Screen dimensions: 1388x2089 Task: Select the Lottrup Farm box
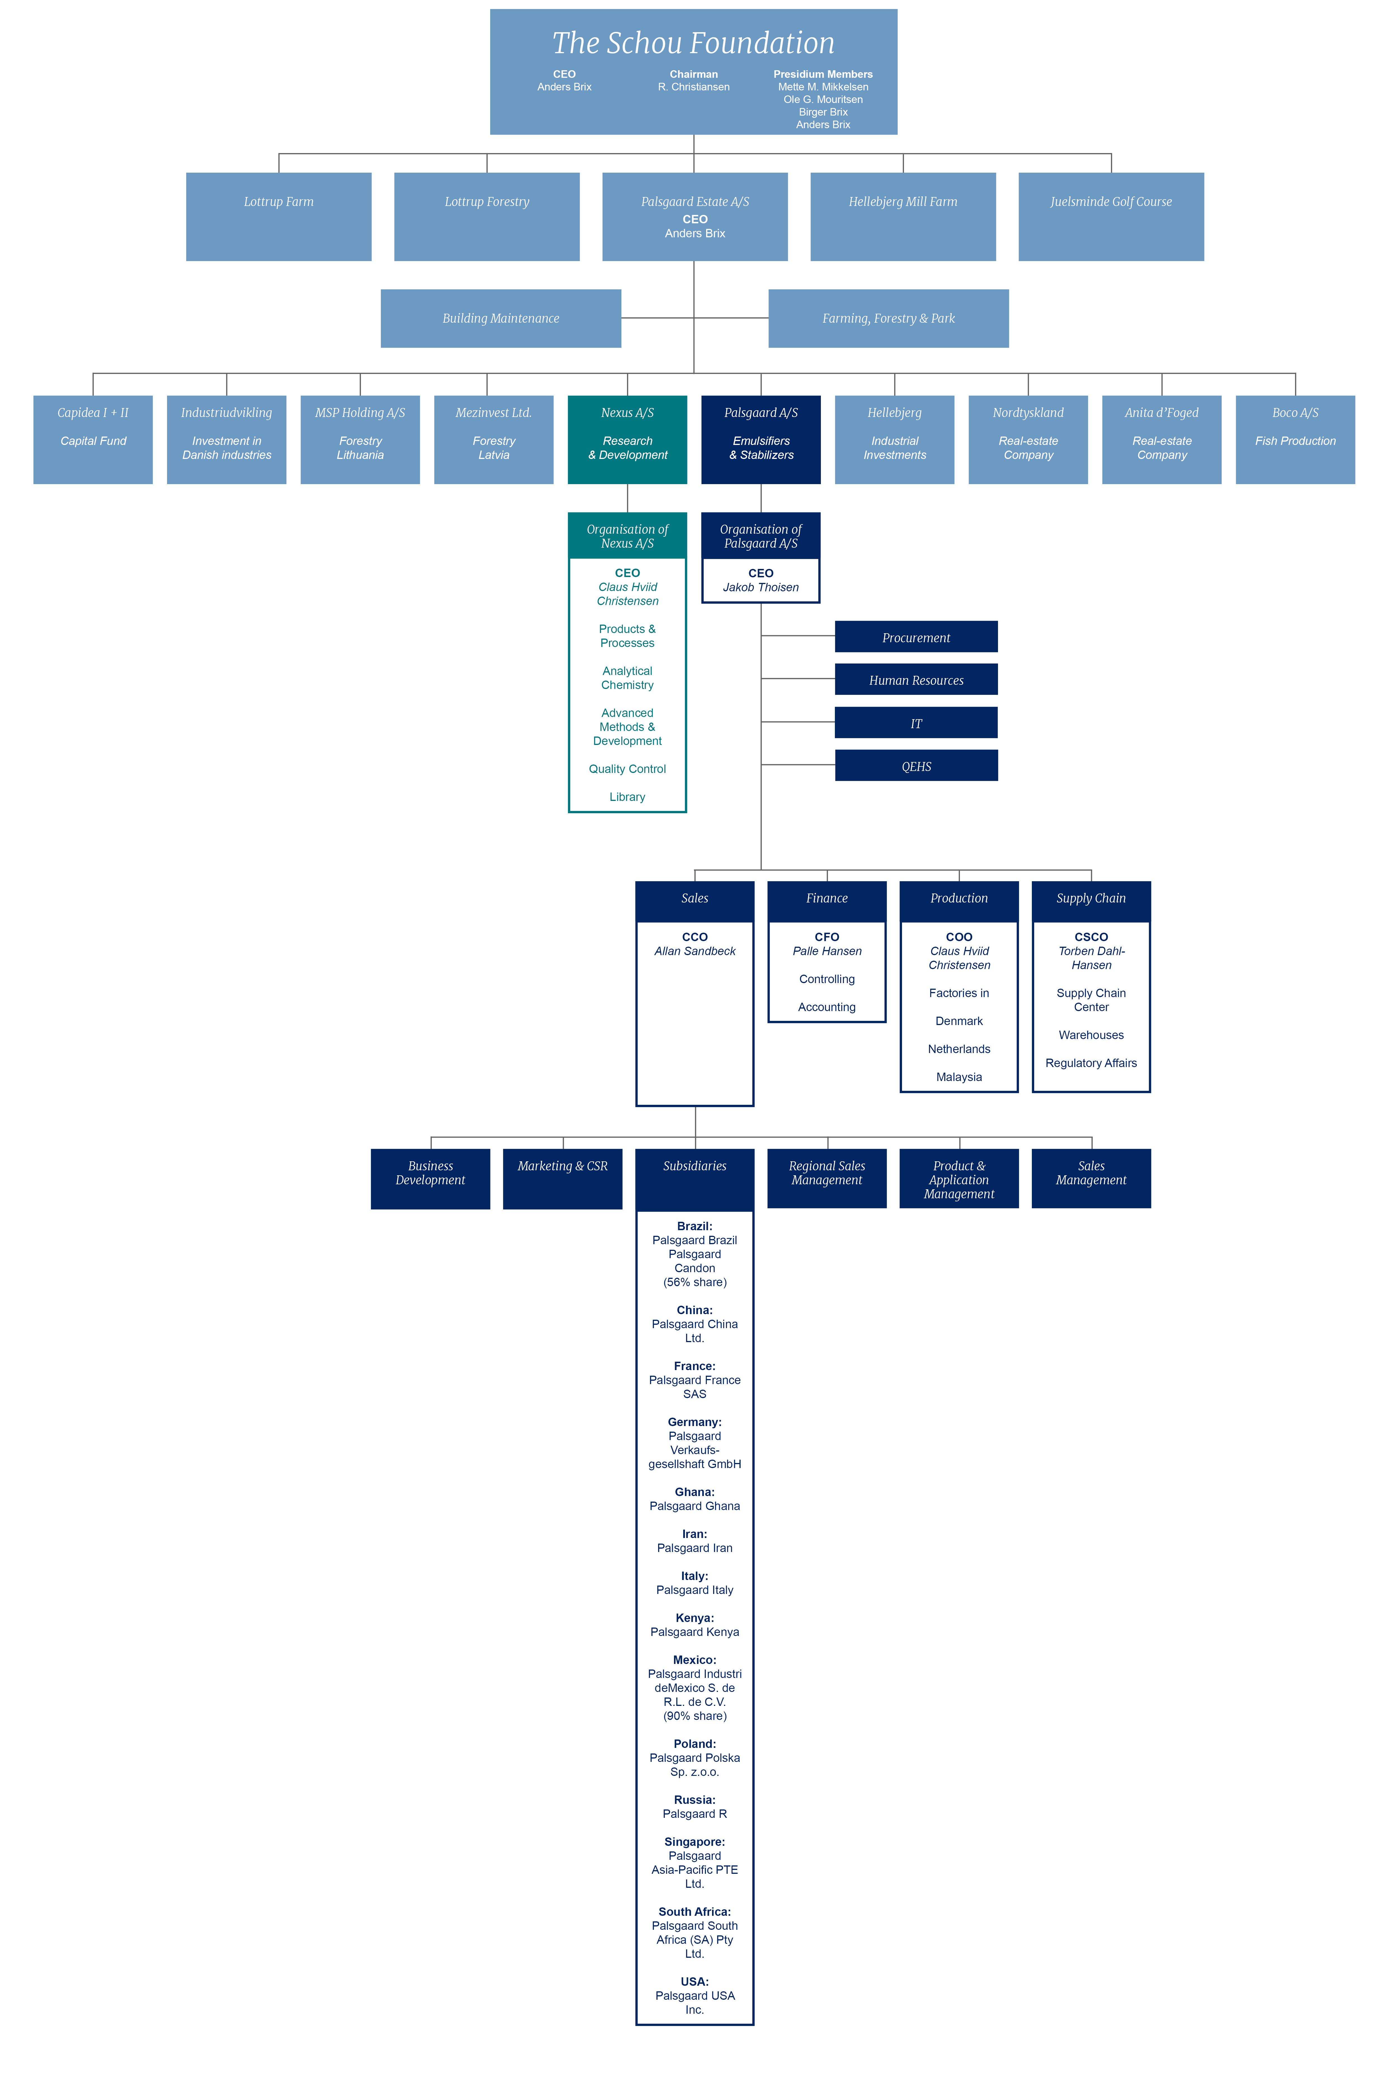click(x=279, y=217)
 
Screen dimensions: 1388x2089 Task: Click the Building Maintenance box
click(x=501, y=319)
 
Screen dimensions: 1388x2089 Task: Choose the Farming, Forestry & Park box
click(x=889, y=319)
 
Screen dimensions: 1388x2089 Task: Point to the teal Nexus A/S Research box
click(x=628, y=440)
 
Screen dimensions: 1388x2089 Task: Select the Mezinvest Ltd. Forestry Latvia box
click(x=494, y=440)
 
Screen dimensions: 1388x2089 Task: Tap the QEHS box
click(x=916, y=766)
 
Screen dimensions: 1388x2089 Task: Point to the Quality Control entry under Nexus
click(x=628, y=769)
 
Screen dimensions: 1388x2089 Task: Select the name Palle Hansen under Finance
click(x=827, y=951)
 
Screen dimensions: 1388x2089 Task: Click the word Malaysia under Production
click(x=960, y=1077)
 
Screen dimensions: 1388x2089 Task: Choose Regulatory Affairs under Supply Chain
click(x=1091, y=1063)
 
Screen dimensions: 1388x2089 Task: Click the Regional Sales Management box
click(x=827, y=1178)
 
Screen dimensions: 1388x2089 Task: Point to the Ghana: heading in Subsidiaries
click(x=695, y=1492)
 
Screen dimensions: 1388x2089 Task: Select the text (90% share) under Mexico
click(x=695, y=1716)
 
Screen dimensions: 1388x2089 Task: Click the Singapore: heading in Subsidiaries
click(x=695, y=1842)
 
